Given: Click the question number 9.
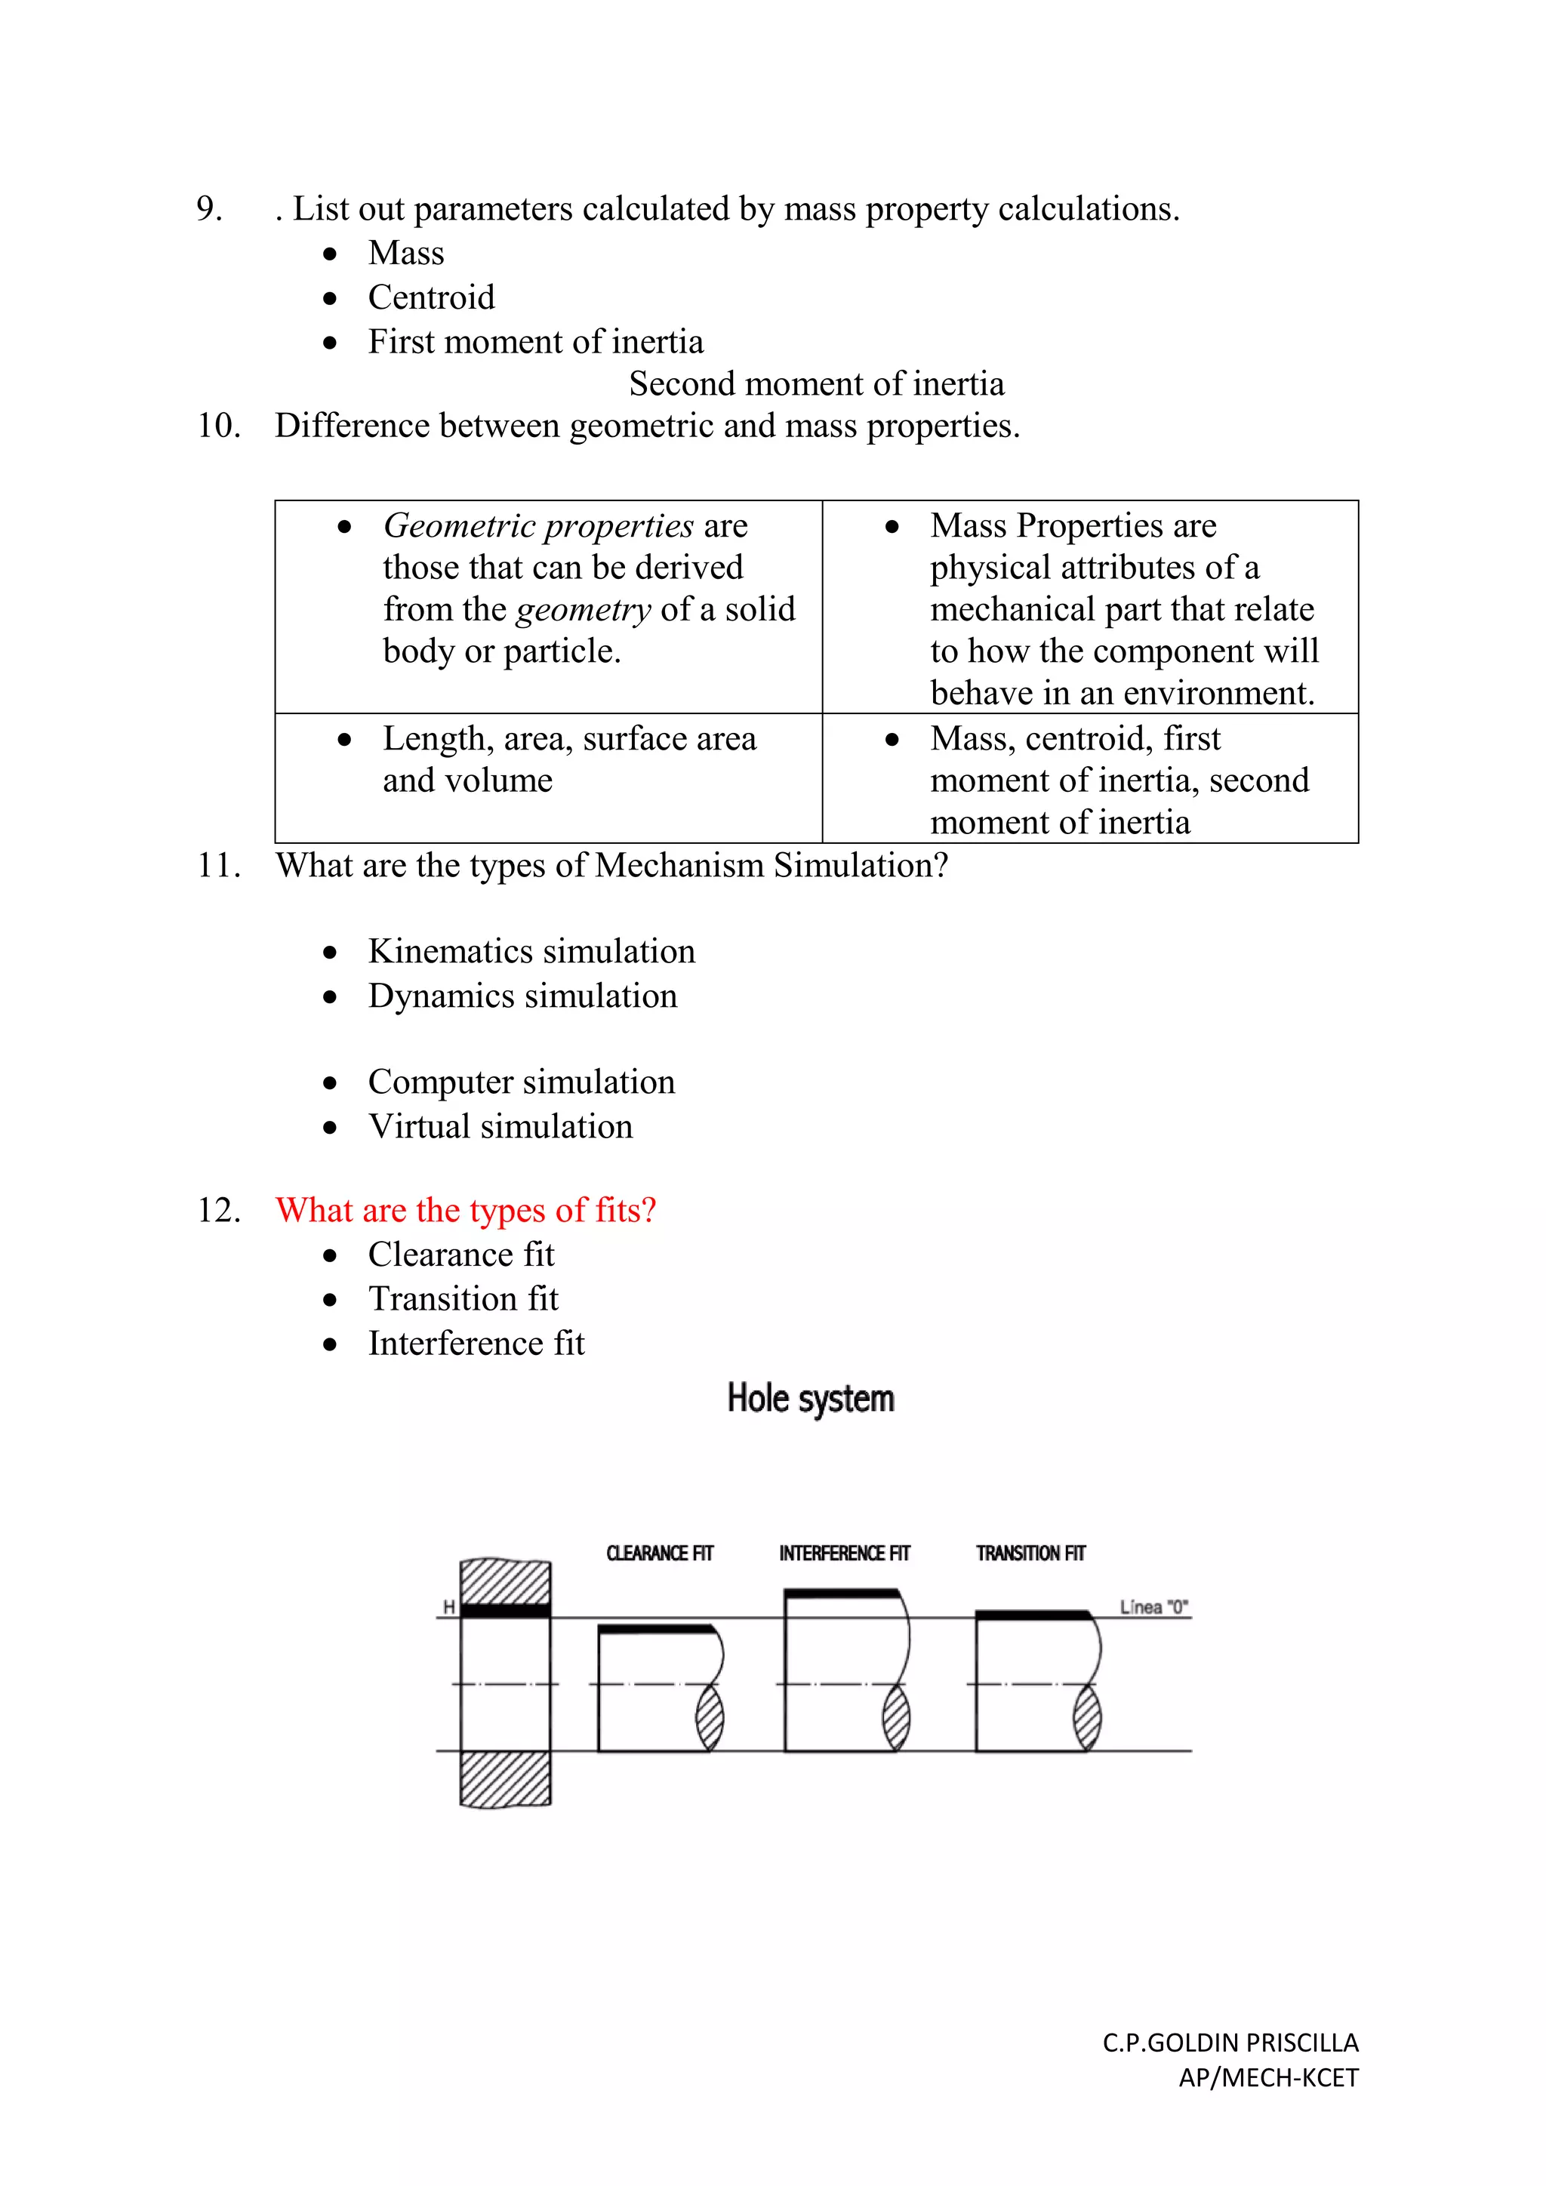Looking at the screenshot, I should [x=209, y=208].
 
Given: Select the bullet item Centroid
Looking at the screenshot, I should [x=431, y=297].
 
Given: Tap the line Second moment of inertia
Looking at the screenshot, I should [x=816, y=383].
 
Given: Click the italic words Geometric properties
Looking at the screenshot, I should [x=538, y=525].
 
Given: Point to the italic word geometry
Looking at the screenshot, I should [x=584, y=609].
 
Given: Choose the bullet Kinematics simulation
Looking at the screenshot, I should [x=531, y=951].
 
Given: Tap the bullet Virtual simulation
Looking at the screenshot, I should [x=500, y=1126].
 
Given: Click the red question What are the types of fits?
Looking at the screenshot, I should [x=466, y=1210].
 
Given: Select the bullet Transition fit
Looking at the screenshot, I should [x=463, y=1298].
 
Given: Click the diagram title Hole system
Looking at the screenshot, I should [x=810, y=1399].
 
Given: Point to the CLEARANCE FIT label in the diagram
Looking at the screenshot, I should [x=660, y=1553].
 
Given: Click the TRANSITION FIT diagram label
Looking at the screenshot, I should [x=1030, y=1553].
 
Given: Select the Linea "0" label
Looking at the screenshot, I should [x=1153, y=1607].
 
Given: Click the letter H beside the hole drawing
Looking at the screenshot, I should [x=448, y=1607].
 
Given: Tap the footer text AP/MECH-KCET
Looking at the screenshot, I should [x=1268, y=2077].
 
